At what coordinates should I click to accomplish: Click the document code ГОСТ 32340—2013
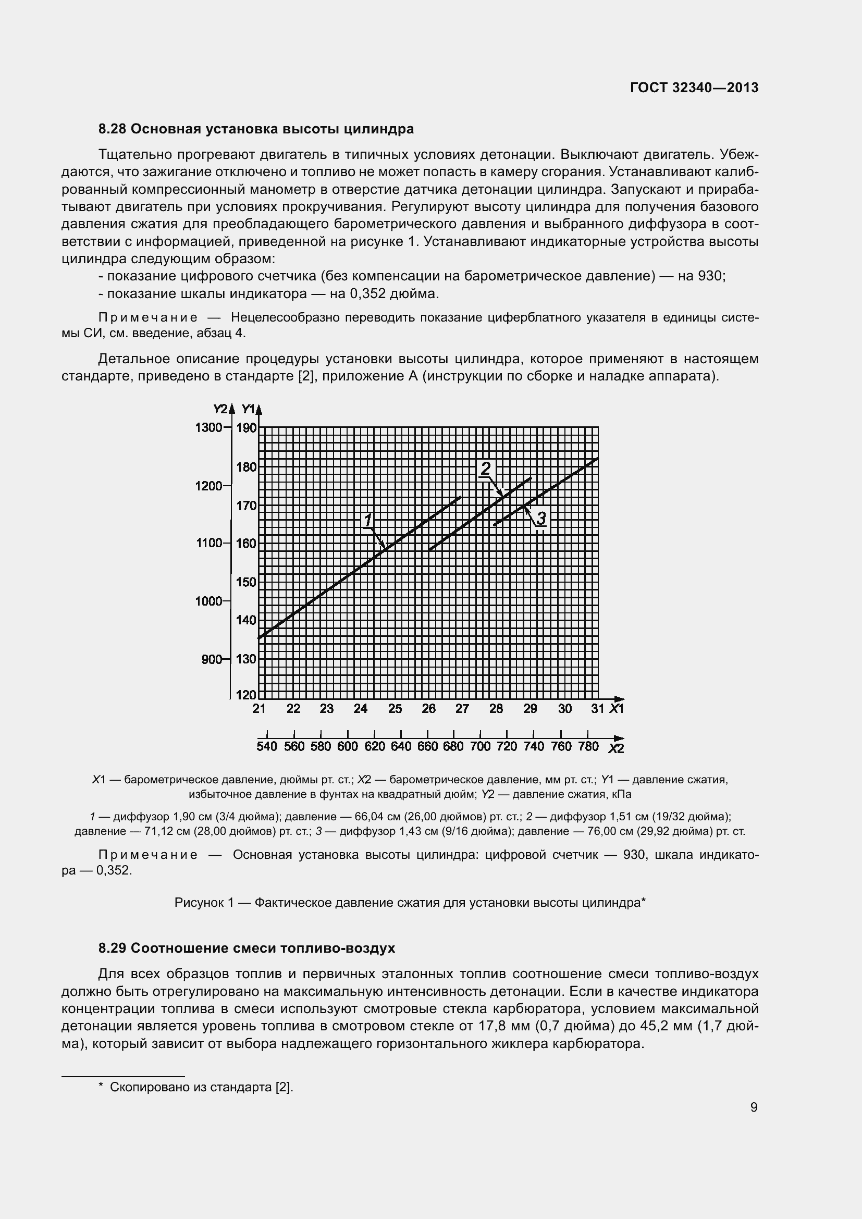694,88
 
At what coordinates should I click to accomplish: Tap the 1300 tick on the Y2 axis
209,427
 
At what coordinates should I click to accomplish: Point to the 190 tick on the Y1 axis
247,428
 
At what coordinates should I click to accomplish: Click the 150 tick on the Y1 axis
247,582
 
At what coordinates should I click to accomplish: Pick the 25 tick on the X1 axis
395,709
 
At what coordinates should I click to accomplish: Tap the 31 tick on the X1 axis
598,709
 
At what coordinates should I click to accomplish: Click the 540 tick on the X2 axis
266,747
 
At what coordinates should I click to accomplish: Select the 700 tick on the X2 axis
480,747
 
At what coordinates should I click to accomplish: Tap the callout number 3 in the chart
541,518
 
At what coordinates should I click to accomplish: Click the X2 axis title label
615,748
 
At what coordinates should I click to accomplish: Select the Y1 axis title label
248,409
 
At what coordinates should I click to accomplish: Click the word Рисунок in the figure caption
200,903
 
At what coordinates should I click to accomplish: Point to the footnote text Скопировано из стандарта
192,1087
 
